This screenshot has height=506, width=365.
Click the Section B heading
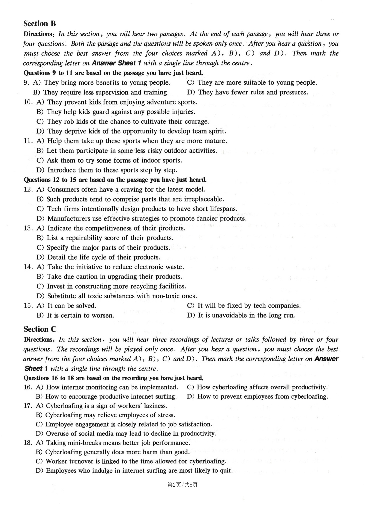pos(40,23)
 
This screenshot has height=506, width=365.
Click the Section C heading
pos(40,329)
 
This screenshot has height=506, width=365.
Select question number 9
pos(26,83)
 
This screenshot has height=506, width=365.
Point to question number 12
pos(28,189)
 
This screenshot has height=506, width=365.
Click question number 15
pos(28,306)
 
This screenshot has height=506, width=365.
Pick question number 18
pos(28,443)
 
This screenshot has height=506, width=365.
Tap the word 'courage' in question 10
pos(197,121)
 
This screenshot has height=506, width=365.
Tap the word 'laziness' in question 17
pos(155,406)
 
